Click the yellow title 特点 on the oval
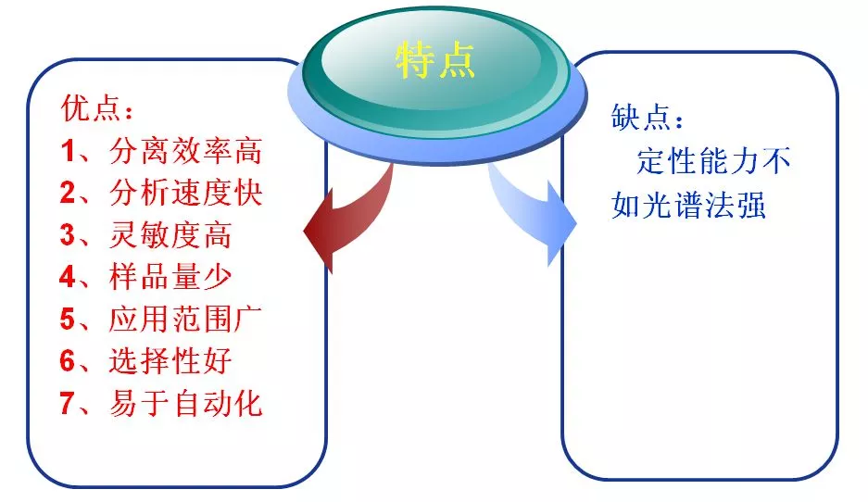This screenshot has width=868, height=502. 434,60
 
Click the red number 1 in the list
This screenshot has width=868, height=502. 68,151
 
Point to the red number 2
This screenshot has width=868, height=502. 68,194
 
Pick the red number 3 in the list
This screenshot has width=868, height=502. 68,236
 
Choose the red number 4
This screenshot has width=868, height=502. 68,278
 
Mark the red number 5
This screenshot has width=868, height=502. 68,320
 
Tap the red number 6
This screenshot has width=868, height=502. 68,362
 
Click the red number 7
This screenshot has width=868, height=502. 68,405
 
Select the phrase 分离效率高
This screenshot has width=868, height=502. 185,151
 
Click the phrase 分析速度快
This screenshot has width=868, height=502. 185,194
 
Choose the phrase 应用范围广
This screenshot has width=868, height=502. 185,320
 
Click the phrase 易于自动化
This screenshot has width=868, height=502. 185,405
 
